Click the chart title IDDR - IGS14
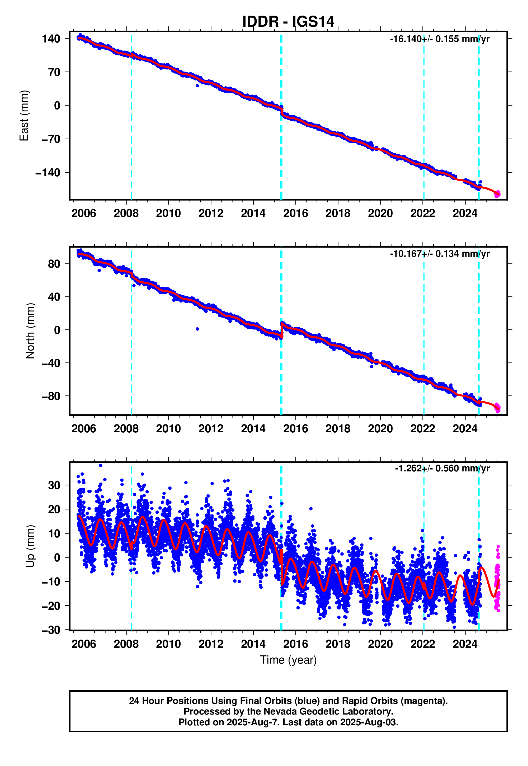click(x=288, y=22)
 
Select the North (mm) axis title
click(x=30, y=331)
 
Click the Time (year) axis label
click(x=288, y=660)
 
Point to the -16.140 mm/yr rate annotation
click(x=439, y=39)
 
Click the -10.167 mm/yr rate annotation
click(x=439, y=254)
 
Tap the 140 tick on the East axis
click(x=51, y=39)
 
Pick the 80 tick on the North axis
click(x=54, y=264)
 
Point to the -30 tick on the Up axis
click(x=51, y=630)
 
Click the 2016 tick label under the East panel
click(x=295, y=213)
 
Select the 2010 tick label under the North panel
click(x=168, y=429)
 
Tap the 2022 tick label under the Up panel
click(x=422, y=644)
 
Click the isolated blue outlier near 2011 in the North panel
click(x=197, y=329)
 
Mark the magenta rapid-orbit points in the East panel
click(x=497, y=195)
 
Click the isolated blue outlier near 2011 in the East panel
click(x=197, y=86)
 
